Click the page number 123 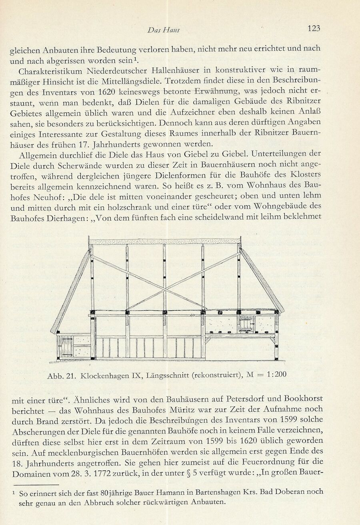pyautogui.click(x=314, y=28)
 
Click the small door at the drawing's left pyautogui.click(x=65, y=347)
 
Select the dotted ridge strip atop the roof pyautogui.click(x=165, y=241)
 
